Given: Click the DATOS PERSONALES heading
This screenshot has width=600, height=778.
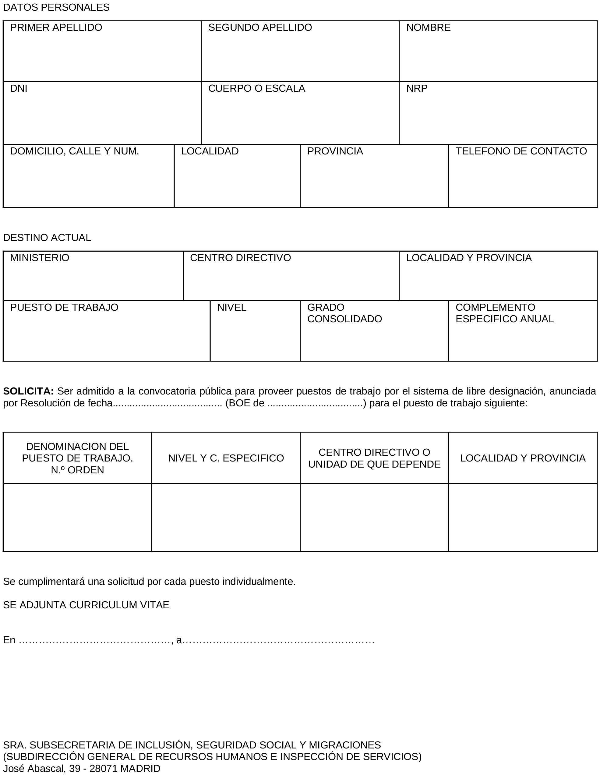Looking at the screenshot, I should click(x=56, y=8).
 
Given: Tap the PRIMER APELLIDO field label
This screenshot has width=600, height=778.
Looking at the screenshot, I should click(x=56, y=27).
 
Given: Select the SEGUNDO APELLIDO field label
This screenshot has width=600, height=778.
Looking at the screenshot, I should click(x=260, y=27).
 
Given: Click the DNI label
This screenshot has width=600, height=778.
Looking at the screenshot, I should click(x=19, y=88).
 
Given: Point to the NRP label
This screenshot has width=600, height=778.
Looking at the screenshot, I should click(x=417, y=88).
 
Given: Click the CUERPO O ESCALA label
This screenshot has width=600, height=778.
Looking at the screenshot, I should click(x=256, y=88).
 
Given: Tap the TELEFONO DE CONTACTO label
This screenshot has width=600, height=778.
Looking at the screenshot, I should click(x=521, y=151).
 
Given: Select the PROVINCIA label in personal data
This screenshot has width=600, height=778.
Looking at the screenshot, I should click(x=335, y=151).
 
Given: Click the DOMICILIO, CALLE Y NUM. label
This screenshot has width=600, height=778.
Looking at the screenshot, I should click(x=74, y=151).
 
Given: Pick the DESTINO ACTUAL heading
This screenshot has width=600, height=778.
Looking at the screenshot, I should click(x=47, y=238).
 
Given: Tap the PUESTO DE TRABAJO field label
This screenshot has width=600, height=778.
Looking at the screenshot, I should click(x=64, y=307).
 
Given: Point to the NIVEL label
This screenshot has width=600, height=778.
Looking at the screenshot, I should click(x=231, y=307).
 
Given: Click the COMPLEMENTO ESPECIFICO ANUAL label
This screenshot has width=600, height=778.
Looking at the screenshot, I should click(x=504, y=313).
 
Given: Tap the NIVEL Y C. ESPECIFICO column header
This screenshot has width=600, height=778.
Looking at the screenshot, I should click(x=226, y=458).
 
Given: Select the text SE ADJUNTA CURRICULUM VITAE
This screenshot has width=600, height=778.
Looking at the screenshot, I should click(x=86, y=605).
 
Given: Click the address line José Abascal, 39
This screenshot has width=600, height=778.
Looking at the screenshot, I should click(x=82, y=768).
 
